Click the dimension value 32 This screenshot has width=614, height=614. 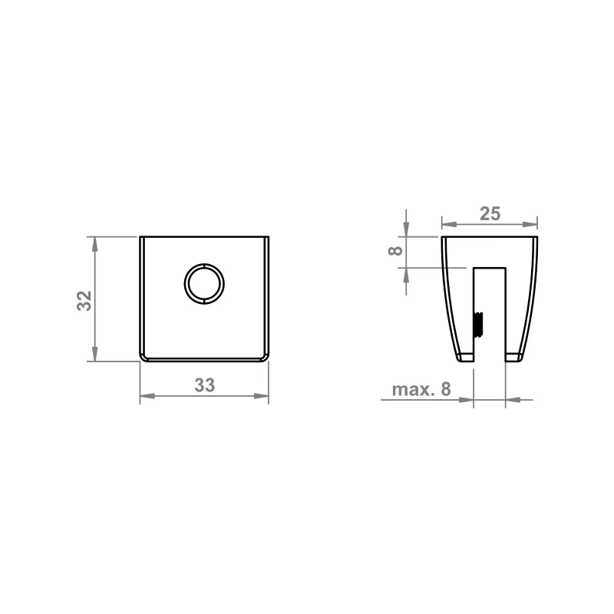click(84, 301)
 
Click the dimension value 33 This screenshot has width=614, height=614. click(205, 385)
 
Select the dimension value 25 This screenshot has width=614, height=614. click(490, 214)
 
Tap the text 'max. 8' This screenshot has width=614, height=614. click(421, 389)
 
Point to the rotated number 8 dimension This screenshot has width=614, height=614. click(395, 251)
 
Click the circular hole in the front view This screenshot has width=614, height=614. click(204, 284)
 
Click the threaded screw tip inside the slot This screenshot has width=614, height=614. click(478, 324)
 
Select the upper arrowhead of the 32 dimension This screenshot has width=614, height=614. click(94, 244)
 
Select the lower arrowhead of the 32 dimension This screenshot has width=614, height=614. click(94, 354)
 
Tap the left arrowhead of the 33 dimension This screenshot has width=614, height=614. click(147, 396)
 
